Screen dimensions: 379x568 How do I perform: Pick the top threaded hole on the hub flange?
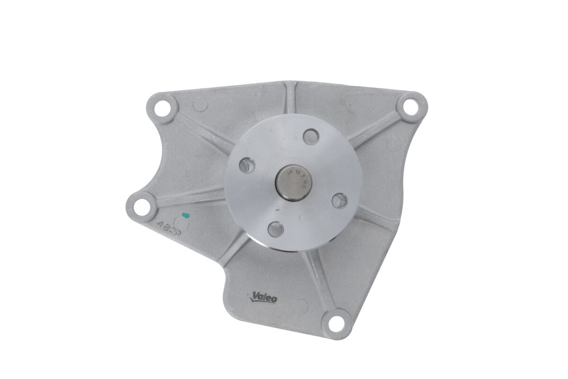point(311,136)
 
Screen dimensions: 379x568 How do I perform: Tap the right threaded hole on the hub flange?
point(339,200)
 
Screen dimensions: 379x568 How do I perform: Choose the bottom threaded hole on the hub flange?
point(275,229)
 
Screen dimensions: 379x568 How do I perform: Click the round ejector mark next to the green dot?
point(180,221)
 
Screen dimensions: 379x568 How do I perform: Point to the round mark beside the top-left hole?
point(201,103)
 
